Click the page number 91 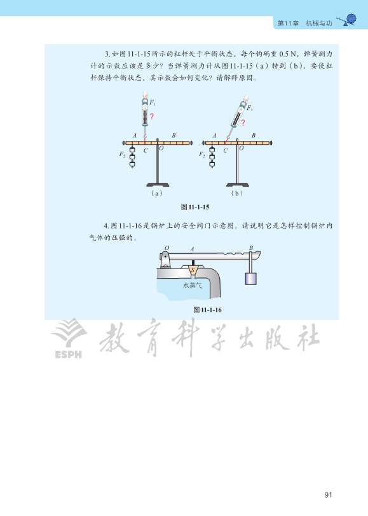pyautogui.click(x=328, y=494)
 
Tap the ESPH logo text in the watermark pyautogui.click(x=68, y=354)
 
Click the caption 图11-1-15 pyautogui.click(x=195, y=207)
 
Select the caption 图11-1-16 pyautogui.click(x=207, y=310)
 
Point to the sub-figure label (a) pyautogui.click(x=157, y=193)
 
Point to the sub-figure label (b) pyautogui.click(x=236, y=193)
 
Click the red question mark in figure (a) pyautogui.click(x=152, y=116)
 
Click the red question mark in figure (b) pyautogui.click(x=243, y=122)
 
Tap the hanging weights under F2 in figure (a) pyautogui.click(x=132, y=157)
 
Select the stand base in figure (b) pyautogui.click(x=237, y=185)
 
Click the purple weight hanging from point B pyautogui.click(x=250, y=279)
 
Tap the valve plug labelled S pyautogui.click(x=193, y=270)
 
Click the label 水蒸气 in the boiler pyautogui.click(x=193, y=285)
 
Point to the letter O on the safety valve pyautogui.click(x=167, y=248)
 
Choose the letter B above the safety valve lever pyautogui.click(x=251, y=248)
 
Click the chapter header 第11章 pyautogui.click(x=288, y=23)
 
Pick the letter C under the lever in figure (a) pyautogui.click(x=146, y=150)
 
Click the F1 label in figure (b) pyautogui.click(x=250, y=108)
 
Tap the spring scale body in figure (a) pyautogui.click(x=145, y=114)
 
